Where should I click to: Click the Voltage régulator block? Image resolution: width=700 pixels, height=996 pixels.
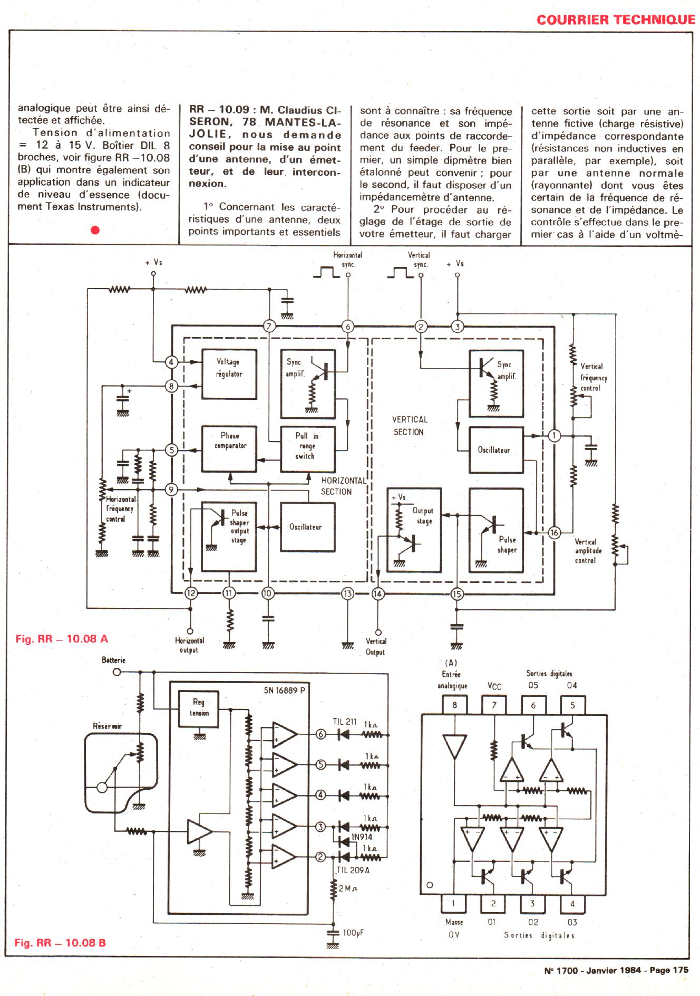click(x=229, y=373)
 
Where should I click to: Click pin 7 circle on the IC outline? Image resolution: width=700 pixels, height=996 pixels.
click(x=269, y=326)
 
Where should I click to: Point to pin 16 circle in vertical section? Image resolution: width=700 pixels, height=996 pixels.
click(x=554, y=532)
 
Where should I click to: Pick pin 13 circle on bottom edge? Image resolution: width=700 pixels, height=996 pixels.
click(x=347, y=593)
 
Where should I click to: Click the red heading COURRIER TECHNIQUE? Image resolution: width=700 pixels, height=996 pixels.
click(x=616, y=20)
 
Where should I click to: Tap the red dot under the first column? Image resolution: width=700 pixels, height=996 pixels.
click(x=95, y=230)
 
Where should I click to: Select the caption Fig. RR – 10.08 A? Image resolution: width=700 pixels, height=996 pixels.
click(x=62, y=639)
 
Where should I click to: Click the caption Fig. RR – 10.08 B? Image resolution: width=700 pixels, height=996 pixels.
click(x=60, y=943)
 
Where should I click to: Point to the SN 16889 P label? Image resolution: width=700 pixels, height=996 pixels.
click(x=284, y=691)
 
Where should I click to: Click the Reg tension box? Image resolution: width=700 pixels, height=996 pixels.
click(x=199, y=707)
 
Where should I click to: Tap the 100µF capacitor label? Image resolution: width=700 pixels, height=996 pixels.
click(x=353, y=933)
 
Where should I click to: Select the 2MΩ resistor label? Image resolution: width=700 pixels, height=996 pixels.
click(x=348, y=888)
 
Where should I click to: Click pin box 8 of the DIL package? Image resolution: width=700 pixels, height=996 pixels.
click(x=455, y=705)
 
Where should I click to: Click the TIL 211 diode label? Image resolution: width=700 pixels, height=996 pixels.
click(x=345, y=722)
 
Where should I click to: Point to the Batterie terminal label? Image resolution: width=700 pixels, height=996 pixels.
click(x=113, y=660)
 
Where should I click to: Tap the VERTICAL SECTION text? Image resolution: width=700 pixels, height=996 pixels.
click(x=409, y=426)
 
